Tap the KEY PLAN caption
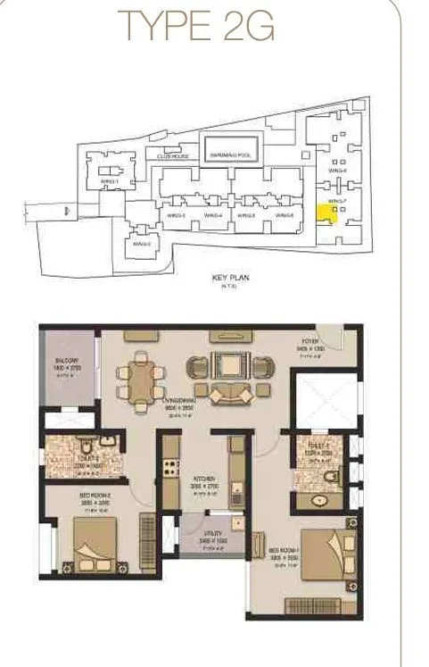point(230,278)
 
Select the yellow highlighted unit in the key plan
point(324,214)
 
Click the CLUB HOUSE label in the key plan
point(173,155)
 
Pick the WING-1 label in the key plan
point(110,182)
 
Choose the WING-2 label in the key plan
point(140,243)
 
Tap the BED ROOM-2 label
point(95,500)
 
